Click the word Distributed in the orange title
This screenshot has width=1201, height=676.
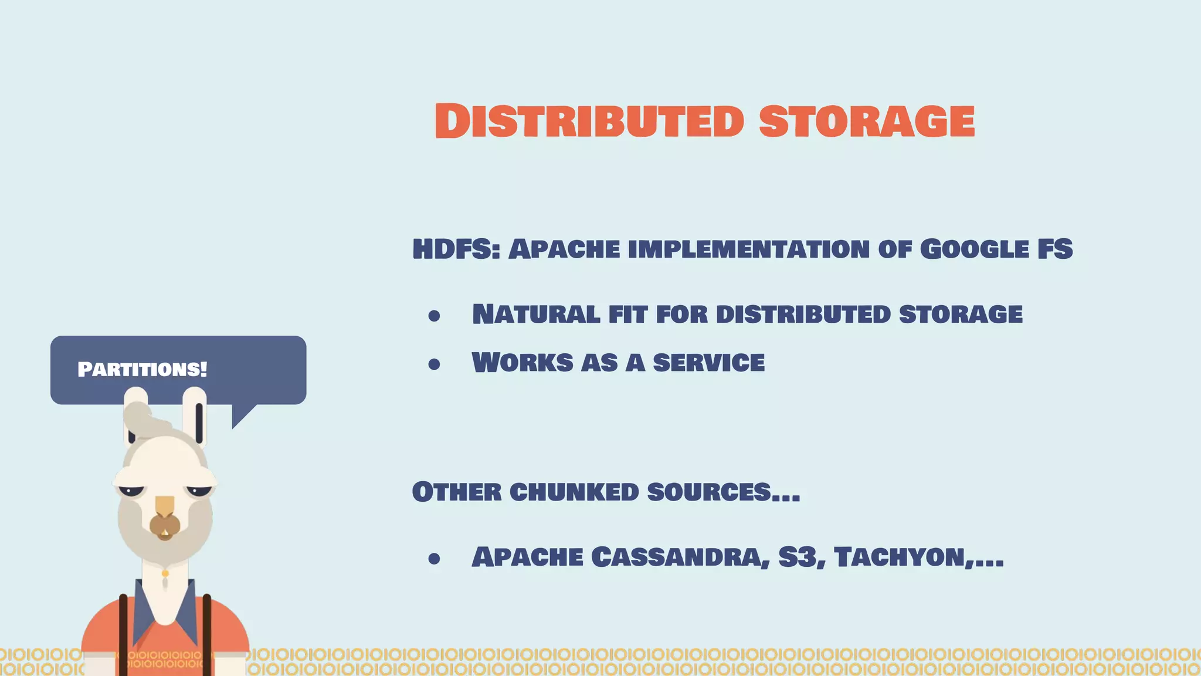[589, 121]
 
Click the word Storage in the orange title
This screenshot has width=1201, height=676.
[867, 121]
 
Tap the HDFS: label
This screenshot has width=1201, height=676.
[456, 249]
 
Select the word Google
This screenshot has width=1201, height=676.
[974, 249]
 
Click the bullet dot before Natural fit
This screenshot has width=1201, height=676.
[434, 316]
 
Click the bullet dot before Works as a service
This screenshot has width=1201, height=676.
[434, 364]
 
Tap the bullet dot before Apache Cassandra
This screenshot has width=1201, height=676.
[434, 559]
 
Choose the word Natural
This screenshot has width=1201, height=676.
[536, 315]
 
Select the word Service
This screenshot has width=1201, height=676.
[708, 363]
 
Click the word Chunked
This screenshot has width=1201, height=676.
[574, 492]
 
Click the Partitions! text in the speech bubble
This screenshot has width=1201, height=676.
[142, 369]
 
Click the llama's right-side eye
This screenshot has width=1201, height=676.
[199, 489]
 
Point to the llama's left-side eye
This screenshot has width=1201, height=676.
[131, 489]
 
